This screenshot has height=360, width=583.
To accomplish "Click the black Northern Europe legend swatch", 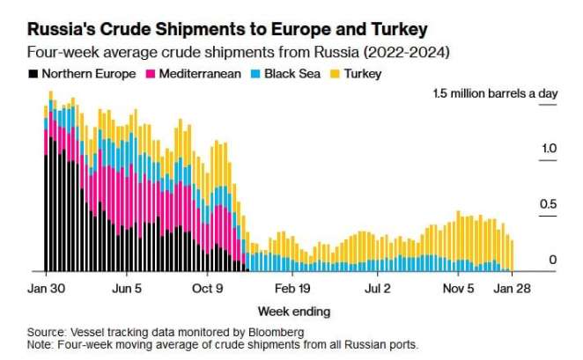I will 33,74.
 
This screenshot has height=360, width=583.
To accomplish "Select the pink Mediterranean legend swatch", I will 152,74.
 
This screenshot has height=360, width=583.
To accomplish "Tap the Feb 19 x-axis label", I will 292,288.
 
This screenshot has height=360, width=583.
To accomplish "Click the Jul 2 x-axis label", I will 378,288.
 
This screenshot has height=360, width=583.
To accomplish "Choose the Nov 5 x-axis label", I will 459,288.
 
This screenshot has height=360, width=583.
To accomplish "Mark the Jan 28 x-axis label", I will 510,288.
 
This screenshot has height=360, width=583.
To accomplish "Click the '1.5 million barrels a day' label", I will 495,94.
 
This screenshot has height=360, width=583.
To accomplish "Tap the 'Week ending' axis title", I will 294,311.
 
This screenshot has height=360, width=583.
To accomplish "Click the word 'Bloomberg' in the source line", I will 273,332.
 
